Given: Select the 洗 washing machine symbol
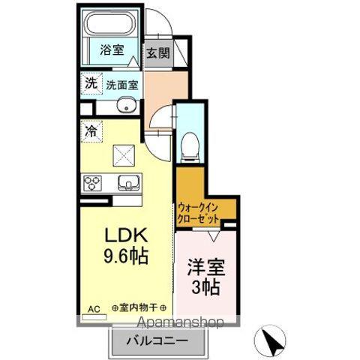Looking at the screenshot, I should [x=90, y=84].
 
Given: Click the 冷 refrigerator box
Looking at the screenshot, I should [x=90, y=129].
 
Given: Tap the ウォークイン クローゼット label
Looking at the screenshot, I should [x=201, y=212].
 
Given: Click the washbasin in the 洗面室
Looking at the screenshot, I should [x=125, y=105].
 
